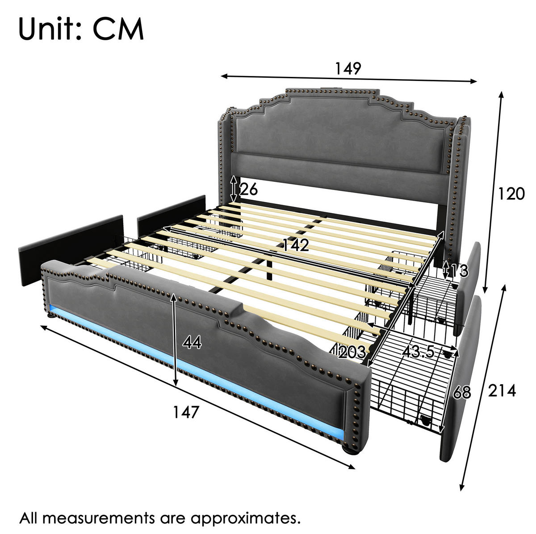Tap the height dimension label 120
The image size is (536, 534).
[x=511, y=194]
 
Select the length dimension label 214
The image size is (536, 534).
[x=502, y=391]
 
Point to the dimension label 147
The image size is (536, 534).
[x=186, y=412]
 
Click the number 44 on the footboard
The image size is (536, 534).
[x=193, y=342]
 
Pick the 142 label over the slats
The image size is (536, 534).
[x=296, y=245]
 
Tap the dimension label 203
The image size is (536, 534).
[x=352, y=352]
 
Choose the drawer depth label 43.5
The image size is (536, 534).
[x=418, y=351]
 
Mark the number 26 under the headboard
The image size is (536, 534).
[x=248, y=189]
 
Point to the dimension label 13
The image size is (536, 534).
[x=459, y=271]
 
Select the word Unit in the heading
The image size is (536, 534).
[x=50, y=29]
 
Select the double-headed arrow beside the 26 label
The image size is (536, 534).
[x=234, y=189]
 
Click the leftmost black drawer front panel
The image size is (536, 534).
[x=71, y=250]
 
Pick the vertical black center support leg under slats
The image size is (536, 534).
[x=269, y=269]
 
